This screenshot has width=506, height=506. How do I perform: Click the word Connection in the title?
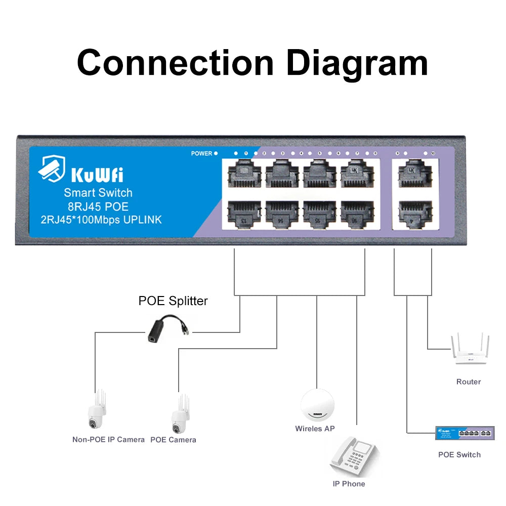175,63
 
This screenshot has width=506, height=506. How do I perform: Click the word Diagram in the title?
357,63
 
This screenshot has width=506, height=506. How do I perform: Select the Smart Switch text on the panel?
98,193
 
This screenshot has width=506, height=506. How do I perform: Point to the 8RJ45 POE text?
98,206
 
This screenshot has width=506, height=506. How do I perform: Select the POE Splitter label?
173,301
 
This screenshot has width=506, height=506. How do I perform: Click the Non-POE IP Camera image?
96,410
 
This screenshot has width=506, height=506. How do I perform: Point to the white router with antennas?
469,351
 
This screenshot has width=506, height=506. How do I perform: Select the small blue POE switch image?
465,433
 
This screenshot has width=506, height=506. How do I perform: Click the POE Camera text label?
173,440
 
